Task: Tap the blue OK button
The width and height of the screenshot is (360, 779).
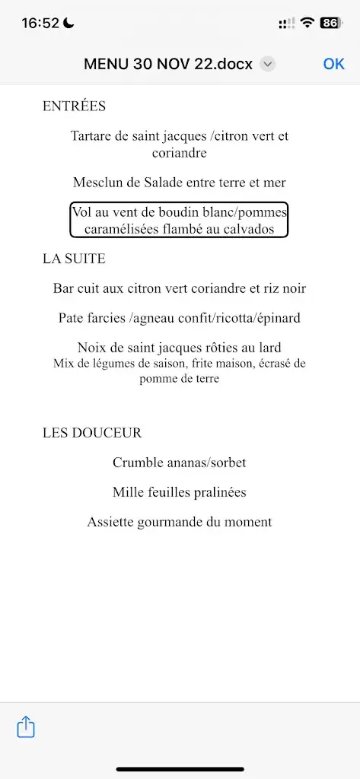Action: (333, 64)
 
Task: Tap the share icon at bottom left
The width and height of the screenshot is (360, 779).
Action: (26, 727)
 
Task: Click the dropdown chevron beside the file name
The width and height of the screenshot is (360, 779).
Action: (267, 65)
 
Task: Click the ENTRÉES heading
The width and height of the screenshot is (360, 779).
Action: (74, 107)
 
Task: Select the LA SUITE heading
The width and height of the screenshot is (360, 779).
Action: (74, 259)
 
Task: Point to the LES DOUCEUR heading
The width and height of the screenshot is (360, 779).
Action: (92, 433)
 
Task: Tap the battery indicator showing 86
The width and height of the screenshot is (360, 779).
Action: (330, 23)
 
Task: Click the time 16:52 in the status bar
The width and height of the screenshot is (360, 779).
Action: (40, 23)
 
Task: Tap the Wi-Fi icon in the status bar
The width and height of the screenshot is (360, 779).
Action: (307, 23)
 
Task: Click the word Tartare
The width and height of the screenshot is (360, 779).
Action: (94, 136)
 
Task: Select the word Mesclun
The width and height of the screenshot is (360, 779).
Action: (97, 183)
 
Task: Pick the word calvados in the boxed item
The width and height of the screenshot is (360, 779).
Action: (246, 229)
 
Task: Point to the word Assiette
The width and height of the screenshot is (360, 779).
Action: (111, 522)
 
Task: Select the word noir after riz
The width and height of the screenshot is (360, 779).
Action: (291, 288)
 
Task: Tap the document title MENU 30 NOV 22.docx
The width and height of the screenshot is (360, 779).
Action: (167, 65)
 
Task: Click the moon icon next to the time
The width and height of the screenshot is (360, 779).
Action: (68, 23)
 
